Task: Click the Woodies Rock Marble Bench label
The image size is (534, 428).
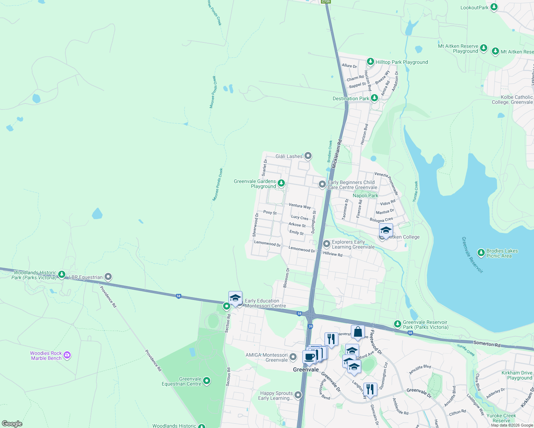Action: pos(46,356)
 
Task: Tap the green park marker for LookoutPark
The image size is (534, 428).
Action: pos(494,7)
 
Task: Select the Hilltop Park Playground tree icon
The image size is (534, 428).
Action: pos(370,62)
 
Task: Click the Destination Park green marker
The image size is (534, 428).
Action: pos(374,98)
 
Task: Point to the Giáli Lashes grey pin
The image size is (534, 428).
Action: pos(308,156)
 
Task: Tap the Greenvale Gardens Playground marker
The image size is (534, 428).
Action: pos(281,183)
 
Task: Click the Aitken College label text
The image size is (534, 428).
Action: pos(404,237)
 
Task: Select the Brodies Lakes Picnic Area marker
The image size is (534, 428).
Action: pos(481,253)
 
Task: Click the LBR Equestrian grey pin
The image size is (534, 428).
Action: pos(108,277)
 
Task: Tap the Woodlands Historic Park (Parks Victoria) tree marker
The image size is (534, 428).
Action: pos(62,274)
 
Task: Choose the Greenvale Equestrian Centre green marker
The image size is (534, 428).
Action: pos(207,381)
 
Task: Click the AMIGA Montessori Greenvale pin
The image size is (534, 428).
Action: pos(293,357)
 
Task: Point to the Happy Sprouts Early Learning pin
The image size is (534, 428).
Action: pos(298,395)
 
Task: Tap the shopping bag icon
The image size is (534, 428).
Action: pos(358,332)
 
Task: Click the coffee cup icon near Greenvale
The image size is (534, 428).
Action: pos(309,356)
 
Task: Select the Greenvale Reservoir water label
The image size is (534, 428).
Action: pos(472,255)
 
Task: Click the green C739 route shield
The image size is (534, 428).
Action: pos(326,2)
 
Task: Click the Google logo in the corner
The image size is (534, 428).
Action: pos(12,424)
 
